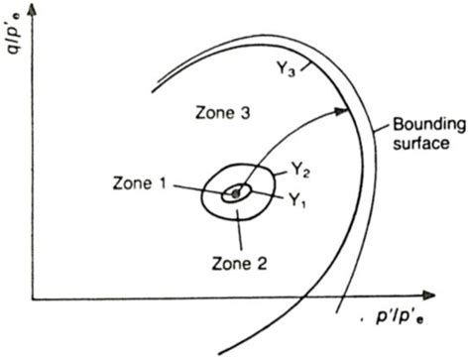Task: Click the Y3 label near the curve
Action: (x=288, y=70)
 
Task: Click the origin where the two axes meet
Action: (x=33, y=297)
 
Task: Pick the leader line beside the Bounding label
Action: (x=380, y=137)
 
